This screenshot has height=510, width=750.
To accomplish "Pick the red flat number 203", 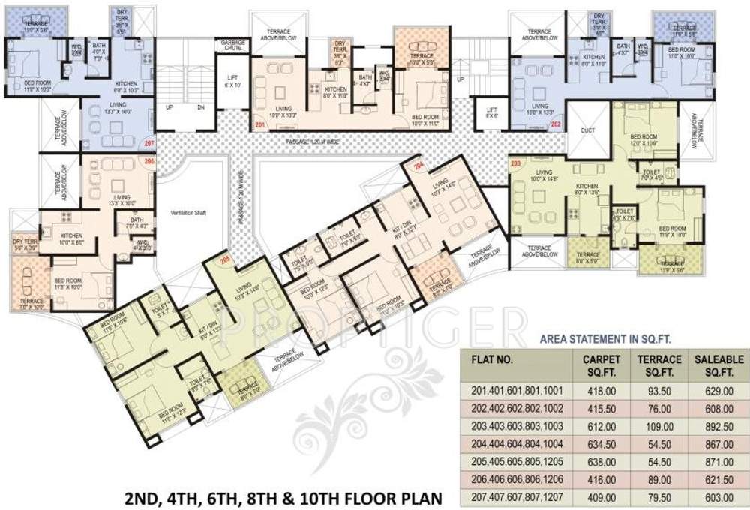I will click(515, 162).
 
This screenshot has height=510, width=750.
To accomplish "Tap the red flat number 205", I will click(224, 260).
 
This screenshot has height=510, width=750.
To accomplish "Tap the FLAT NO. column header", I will click(492, 358).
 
